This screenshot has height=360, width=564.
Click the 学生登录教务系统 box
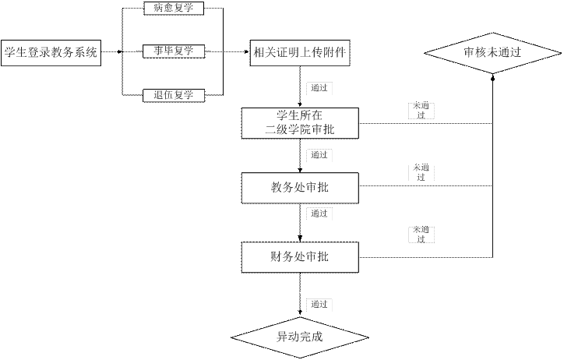click(51, 53)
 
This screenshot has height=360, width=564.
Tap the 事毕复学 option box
click(173, 51)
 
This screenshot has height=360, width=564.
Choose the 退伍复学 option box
click(173, 95)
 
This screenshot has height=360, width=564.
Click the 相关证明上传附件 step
click(300, 53)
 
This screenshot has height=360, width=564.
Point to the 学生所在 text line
click(300, 115)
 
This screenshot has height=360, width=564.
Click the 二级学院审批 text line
click(300, 130)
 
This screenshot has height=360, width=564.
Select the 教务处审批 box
click(300, 187)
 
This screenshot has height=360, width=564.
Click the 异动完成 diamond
click(300, 337)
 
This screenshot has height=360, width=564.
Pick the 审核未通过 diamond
click(492, 53)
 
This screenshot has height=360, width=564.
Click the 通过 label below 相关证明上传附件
click(319, 87)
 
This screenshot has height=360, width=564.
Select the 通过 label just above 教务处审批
click(319, 155)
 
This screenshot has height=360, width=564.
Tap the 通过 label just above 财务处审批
click(319, 214)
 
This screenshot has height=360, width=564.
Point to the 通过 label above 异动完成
click(319, 304)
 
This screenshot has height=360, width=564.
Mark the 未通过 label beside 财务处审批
click(421, 235)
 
